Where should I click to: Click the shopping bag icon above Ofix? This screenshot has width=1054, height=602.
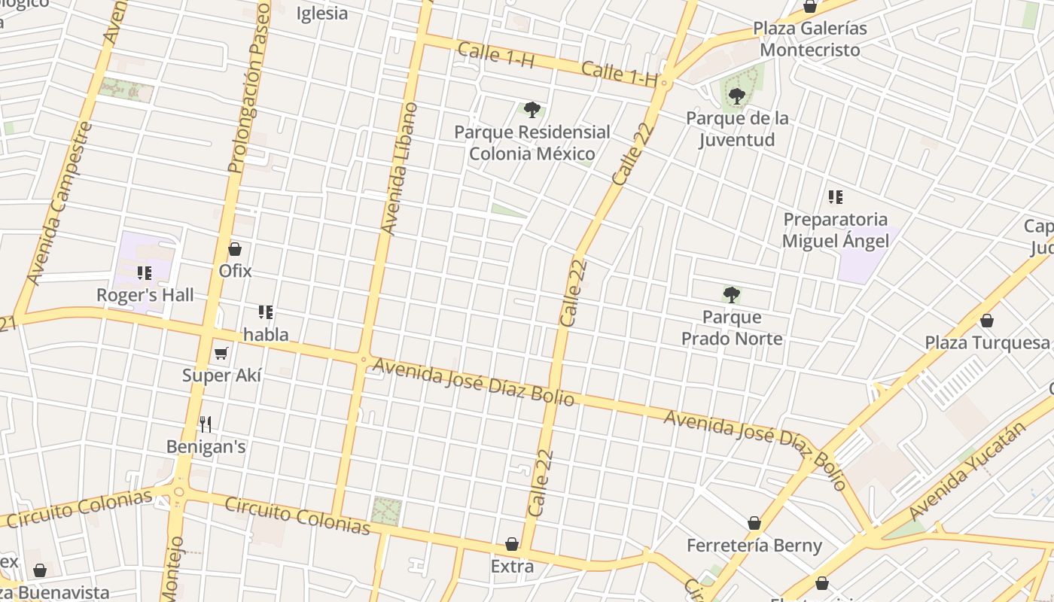click(x=235, y=249)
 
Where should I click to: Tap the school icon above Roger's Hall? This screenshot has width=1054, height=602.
click(x=145, y=273)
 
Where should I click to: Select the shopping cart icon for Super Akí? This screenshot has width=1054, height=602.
click(x=221, y=353)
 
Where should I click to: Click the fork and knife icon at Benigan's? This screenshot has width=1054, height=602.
click(x=206, y=424)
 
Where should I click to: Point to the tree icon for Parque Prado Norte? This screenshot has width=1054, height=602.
click(x=731, y=295)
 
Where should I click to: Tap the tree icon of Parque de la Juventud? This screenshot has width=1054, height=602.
click(x=737, y=96)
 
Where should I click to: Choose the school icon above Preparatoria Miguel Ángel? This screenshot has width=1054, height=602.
click(x=835, y=198)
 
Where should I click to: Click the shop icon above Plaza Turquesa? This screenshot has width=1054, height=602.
click(x=987, y=321)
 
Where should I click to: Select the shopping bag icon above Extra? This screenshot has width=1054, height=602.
click(x=512, y=544)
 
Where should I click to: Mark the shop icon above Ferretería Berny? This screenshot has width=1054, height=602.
click(x=754, y=523)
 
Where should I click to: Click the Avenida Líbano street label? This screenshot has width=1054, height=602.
click(x=399, y=169)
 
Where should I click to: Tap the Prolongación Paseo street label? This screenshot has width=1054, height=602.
click(x=249, y=87)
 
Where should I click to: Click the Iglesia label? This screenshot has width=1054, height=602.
click(x=322, y=14)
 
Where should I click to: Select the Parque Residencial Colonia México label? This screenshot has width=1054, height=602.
click(x=532, y=143)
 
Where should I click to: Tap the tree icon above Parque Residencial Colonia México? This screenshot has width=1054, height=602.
click(x=532, y=111)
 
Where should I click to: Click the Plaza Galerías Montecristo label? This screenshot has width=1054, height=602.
click(x=810, y=39)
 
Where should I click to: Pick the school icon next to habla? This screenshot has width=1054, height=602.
click(x=265, y=312)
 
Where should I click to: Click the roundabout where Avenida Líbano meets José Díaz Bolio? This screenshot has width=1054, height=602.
click(x=364, y=360)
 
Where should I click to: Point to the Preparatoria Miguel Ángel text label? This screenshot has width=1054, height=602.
click(x=835, y=230)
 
